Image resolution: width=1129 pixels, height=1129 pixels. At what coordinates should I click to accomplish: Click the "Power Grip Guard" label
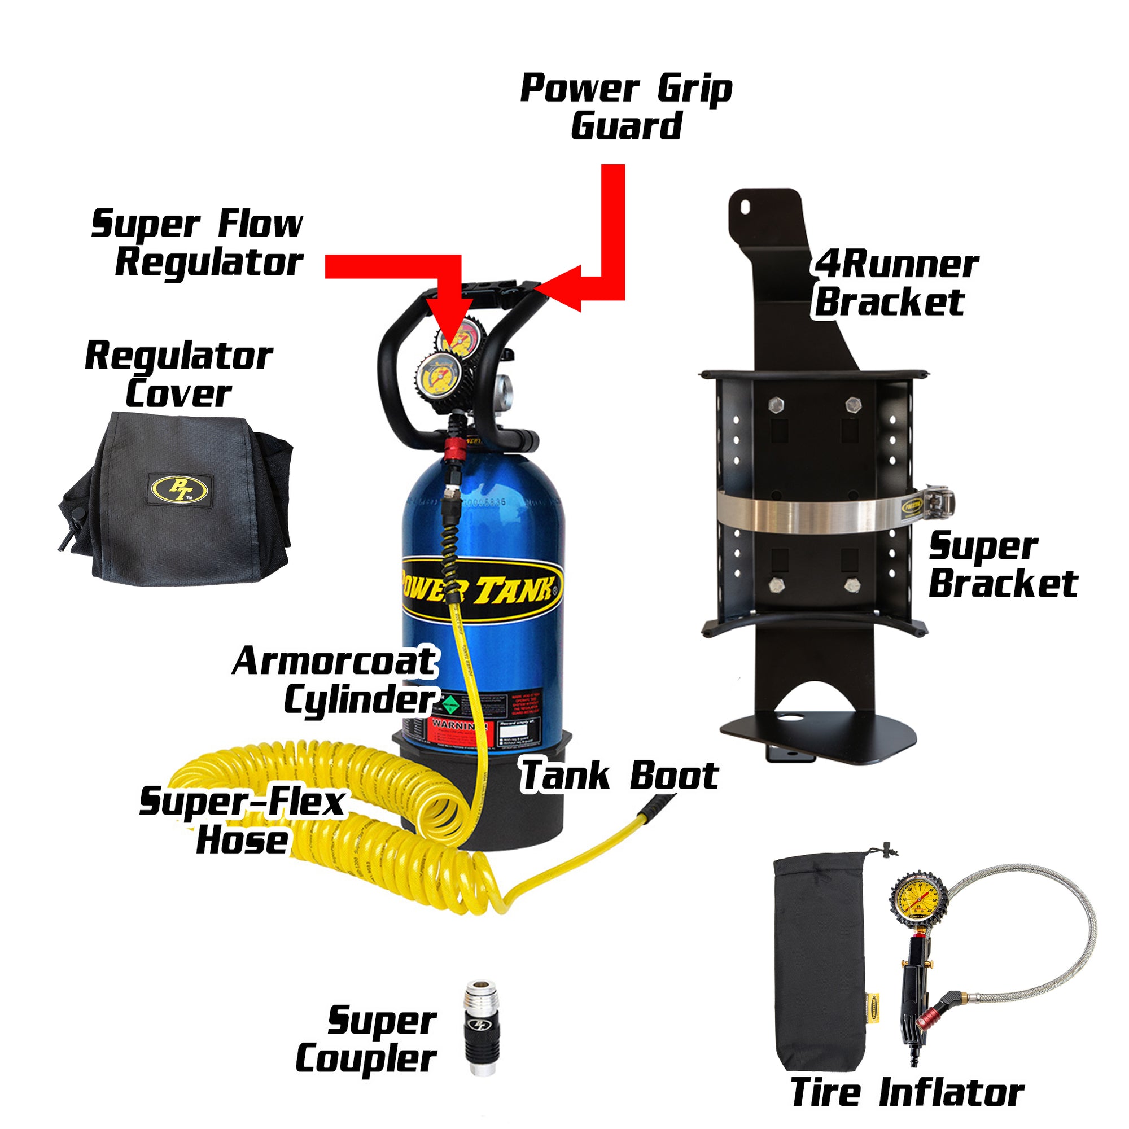tap(626, 107)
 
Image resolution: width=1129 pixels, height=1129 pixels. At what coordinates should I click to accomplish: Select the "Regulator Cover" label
tap(179, 375)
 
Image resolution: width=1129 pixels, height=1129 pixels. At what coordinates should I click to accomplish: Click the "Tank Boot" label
tap(619, 776)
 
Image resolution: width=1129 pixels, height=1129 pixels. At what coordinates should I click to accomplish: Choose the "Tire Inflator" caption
tap(907, 1092)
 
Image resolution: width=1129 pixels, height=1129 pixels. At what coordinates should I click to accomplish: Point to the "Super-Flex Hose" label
tap(242, 820)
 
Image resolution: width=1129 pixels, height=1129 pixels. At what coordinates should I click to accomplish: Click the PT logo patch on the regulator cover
tap(180, 488)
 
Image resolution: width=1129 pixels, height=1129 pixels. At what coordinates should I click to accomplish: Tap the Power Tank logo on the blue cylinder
tap(480, 589)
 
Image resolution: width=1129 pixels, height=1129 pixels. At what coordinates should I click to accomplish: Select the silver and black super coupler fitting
tap(482, 1036)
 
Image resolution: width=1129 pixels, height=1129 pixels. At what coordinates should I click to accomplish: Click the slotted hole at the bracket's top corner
tap(746, 207)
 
